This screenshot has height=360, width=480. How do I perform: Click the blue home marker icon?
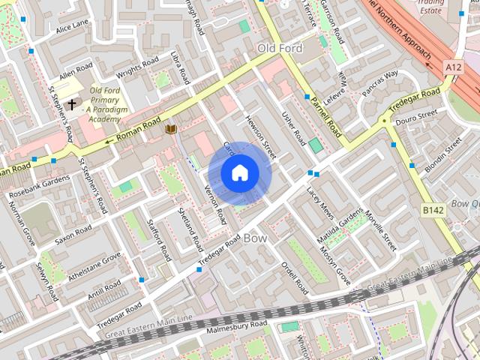pyautogui.click(x=239, y=173)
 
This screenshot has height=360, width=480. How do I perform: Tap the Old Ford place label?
pyautogui.click(x=280, y=49)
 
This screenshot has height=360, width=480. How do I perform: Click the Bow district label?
pyautogui.click(x=255, y=238)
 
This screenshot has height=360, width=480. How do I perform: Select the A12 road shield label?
pyautogui.click(x=453, y=67)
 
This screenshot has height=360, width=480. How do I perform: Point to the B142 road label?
pyautogui.click(x=433, y=210)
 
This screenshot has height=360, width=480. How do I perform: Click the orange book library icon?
pyautogui.click(x=171, y=130)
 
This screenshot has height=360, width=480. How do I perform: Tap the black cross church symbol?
pyautogui.click(x=71, y=104)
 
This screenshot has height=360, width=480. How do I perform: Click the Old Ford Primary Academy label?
pyautogui.click(x=104, y=105)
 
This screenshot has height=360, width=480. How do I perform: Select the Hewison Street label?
pyautogui.click(x=261, y=136)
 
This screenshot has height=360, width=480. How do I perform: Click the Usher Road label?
pyautogui.click(x=293, y=128)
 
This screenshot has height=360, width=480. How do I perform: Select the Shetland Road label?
pyautogui.click(x=190, y=229)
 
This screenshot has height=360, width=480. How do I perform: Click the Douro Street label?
pyautogui.click(x=416, y=116)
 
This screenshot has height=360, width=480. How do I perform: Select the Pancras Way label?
pyautogui.click(x=382, y=80)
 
